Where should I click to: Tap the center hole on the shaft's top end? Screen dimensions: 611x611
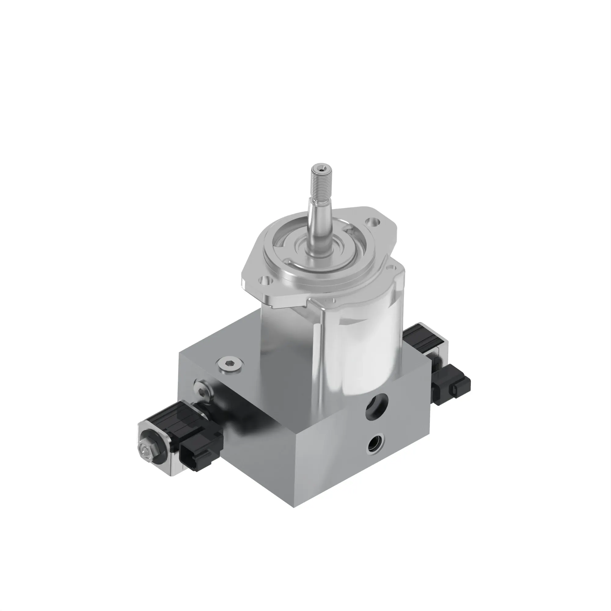(x=321, y=170)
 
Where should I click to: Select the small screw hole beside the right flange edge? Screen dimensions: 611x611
(x=393, y=268)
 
